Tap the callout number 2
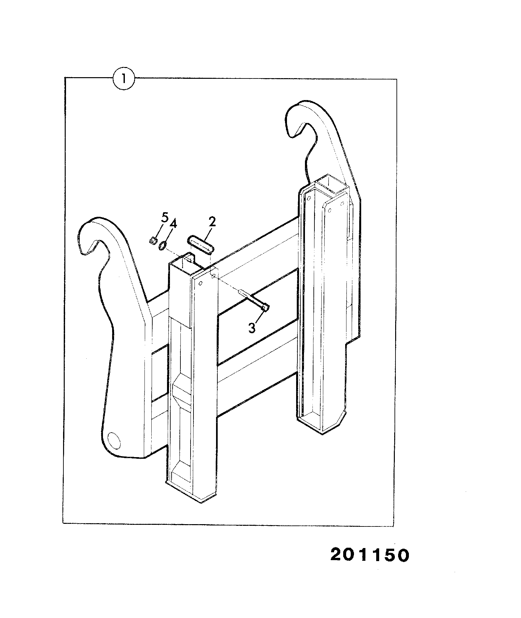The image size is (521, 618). (x=212, y=222)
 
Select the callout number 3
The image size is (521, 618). (x=252, y=328)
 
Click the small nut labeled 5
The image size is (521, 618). (x=152, y=241)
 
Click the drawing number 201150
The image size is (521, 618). (x=370, y=555)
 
